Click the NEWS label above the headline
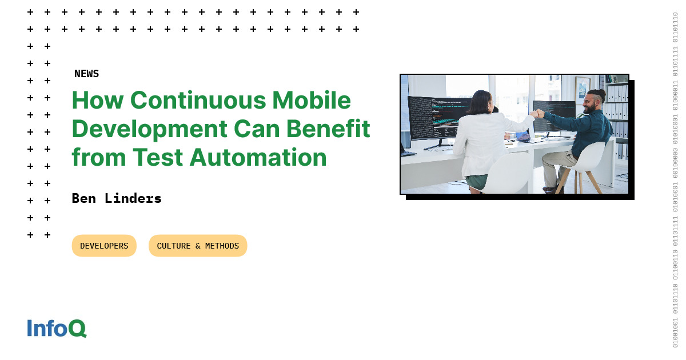pos(86,74)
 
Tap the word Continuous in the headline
pos(198,100)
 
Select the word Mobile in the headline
pos(312,100)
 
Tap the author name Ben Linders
pos(117,198)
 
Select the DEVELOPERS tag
pos(104,246)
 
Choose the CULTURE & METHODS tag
pos(198,246)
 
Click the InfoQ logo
pos(57,328)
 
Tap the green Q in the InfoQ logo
pos(78,329)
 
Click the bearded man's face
pos(589,104)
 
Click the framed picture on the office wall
pos(582,90)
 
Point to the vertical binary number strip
pos(675,180)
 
